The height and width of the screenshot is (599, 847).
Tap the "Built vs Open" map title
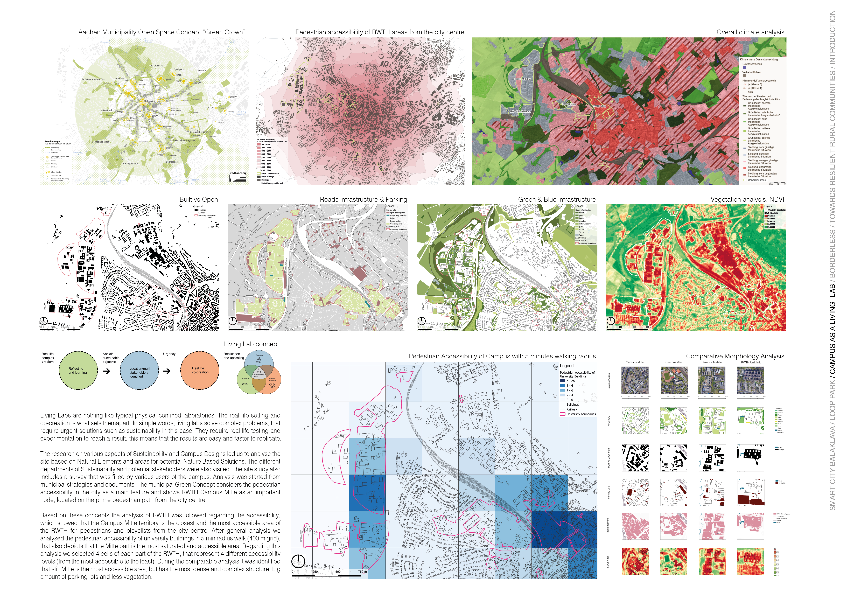click(198, 200)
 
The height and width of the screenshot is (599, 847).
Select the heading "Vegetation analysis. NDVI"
click(747, 200)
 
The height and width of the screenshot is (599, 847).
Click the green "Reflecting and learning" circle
click(78, 370)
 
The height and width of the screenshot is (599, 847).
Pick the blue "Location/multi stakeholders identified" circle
click(139, 370)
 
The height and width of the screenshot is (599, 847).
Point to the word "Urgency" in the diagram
click(169, 354)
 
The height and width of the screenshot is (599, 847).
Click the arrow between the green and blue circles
click(106, 371)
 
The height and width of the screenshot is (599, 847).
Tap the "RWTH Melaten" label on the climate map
click(522, 79)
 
